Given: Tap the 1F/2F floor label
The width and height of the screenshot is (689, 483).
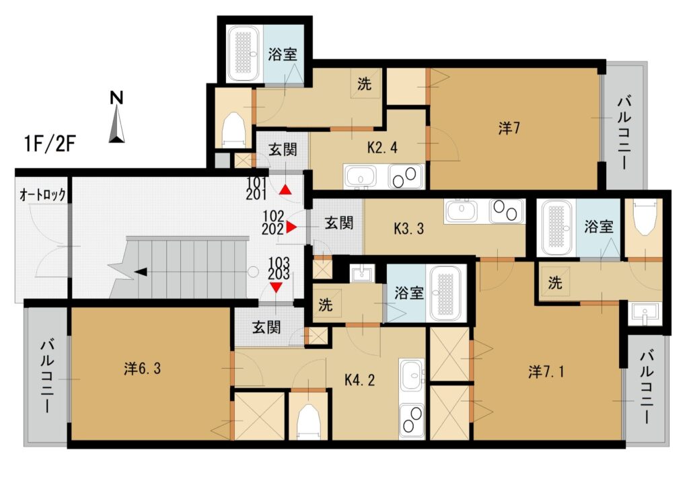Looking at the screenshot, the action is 50,144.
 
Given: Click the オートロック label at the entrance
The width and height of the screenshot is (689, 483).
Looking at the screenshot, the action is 42,194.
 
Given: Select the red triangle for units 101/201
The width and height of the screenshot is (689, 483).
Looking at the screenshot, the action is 285,190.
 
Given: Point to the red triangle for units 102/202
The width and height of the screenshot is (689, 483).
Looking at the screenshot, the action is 291,227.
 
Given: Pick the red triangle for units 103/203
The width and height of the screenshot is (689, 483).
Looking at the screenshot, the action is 276,287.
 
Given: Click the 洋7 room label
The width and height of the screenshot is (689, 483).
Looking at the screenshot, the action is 509,128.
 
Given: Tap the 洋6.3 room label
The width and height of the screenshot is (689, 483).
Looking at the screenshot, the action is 143,368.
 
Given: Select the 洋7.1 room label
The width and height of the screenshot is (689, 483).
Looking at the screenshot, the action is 546,372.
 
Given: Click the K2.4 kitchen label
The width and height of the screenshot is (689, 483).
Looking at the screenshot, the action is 382,148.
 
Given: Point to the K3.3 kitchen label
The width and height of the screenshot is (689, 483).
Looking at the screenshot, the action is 408,229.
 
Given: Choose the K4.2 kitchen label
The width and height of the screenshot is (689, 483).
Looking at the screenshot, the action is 359,379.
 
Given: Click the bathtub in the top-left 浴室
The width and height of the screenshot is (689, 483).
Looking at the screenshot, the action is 245,54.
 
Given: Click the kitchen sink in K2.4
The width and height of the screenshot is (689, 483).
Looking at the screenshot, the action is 361,177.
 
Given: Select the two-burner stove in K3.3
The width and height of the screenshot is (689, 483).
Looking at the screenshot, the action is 507,211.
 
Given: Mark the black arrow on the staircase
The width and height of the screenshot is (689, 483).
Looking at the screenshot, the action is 141,272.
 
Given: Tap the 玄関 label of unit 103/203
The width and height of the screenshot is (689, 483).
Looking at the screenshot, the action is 266,328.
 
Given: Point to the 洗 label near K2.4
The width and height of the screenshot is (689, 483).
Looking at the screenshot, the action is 364,83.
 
